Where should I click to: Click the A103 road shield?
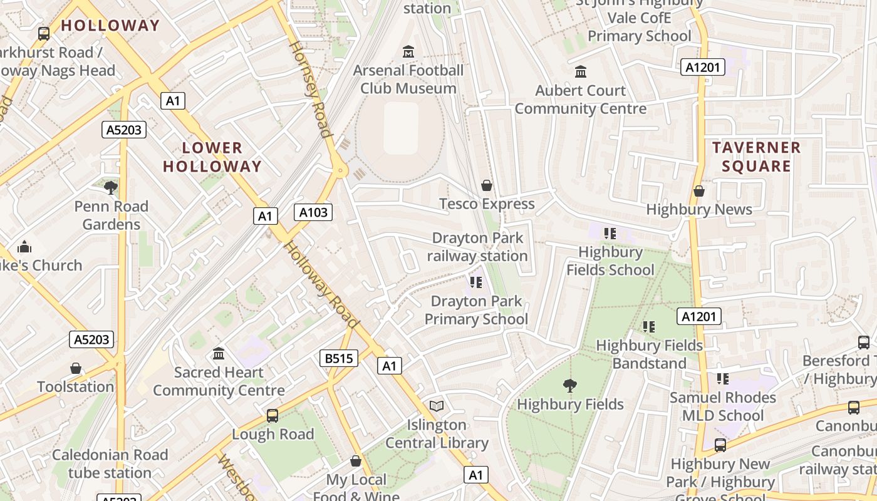313,212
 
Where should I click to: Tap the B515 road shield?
339,358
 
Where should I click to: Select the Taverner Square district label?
756,157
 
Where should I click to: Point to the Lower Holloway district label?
212,157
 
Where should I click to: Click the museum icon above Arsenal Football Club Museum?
408,51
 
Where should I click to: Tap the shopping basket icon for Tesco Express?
487,185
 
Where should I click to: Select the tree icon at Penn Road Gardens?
111,187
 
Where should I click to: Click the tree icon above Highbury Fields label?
569,385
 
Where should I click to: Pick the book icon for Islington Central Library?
437,406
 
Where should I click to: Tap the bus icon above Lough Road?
272,415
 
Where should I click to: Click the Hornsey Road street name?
309,89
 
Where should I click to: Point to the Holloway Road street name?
322,285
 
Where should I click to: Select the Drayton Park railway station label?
477,247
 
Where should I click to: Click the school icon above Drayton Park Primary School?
476,282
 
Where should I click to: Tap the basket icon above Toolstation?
76,368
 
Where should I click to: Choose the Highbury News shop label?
698,209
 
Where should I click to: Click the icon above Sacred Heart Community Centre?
219,354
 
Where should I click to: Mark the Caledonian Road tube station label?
110,463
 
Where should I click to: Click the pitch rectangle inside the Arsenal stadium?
401,128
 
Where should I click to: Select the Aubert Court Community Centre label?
580,99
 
